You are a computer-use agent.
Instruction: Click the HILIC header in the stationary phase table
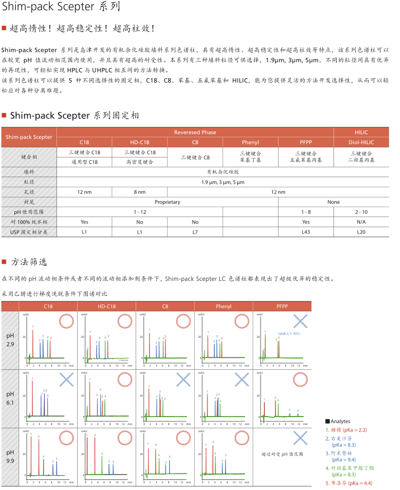pos(361,132)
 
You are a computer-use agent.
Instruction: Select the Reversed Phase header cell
pos(195,132)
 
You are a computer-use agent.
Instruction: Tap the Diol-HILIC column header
pos(361,142)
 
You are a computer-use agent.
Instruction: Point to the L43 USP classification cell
pos(305,232)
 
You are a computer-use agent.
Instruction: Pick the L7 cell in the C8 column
pos(195,232)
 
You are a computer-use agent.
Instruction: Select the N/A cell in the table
pos(361,222)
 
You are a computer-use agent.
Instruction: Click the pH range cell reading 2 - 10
pos(361,212)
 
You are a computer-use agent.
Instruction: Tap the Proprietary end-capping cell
pos(167,202)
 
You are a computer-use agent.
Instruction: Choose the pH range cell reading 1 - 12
pos(139,212)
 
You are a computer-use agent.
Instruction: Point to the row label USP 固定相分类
pos(29,232)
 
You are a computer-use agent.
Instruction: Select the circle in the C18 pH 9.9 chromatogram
pos(66,437)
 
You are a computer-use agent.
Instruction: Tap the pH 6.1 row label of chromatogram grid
pos(10,397)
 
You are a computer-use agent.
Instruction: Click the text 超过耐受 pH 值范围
pos(282,455)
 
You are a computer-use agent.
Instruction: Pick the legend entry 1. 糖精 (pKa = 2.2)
pos(346,430)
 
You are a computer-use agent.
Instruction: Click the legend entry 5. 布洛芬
pos(346,483)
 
